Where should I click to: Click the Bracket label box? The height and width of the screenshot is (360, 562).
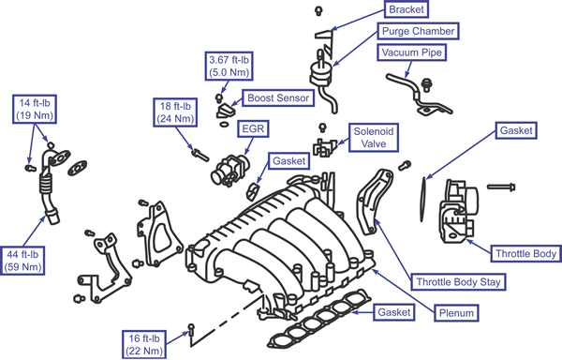[x=407, y=9]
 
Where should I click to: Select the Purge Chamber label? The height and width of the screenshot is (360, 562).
[x=419, y=31]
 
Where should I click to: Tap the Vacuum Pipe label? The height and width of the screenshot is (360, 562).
[x=412, y=52]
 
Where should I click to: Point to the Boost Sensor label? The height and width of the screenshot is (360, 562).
[x=278, y=97]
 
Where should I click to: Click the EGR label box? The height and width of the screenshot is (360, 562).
[x=253, y=128]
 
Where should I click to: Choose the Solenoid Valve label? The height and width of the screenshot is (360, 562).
[x=374, y=138]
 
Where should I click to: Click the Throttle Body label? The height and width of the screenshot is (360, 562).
[x=525, y=253]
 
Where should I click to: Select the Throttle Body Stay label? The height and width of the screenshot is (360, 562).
[x=458, y=282]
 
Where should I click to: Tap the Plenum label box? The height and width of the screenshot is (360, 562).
[x=456, y=313]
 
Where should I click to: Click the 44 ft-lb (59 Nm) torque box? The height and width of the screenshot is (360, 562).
[x=22, y=261]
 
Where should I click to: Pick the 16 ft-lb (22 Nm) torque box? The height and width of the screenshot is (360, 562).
[x=144, y=345]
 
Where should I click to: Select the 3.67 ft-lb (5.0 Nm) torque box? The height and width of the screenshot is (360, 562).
[x=229, y=66]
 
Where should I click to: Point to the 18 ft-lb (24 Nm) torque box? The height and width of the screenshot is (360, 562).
[x=175, y=112]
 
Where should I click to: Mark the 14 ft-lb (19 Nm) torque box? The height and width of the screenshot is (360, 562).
[x=35, y=109]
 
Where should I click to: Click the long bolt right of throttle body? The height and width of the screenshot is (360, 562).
[x=501, y=187]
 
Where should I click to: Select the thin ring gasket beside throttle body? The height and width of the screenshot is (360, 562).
[x=422, y=200]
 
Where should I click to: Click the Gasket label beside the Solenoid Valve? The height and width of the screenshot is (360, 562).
[x=288, y=161]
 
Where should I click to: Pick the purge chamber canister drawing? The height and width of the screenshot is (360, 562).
[x=319, y=73]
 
